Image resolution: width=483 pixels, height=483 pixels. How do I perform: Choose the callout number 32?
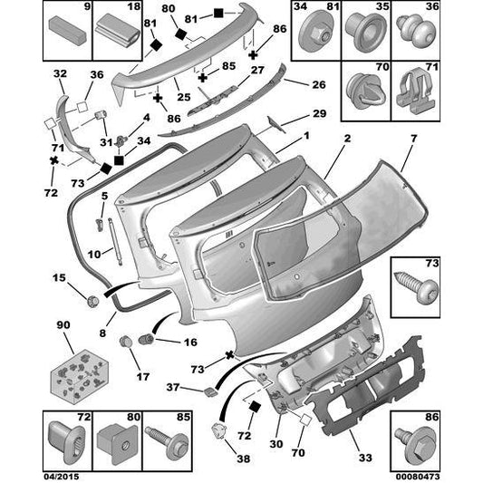[61, 74]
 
